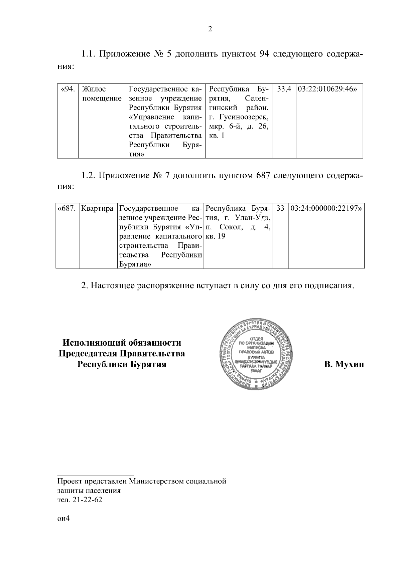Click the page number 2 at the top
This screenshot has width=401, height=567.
210,29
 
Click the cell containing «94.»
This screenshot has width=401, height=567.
68,89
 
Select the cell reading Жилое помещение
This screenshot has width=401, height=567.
101,94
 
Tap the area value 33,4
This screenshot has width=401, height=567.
284,89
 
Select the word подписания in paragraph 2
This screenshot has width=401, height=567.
328,286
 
